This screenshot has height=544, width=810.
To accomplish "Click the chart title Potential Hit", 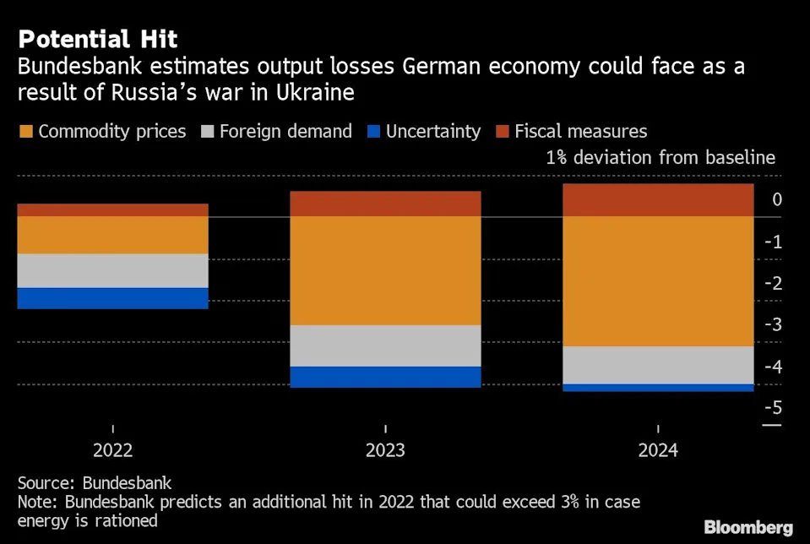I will point(98,39).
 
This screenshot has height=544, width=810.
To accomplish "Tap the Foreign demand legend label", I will point(285,132).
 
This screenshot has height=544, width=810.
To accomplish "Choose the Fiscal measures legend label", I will point(581,132).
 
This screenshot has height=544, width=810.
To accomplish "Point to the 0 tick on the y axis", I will point(777,200).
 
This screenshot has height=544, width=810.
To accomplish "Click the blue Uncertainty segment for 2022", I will point(112,298).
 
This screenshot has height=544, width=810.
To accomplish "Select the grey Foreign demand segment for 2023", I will point(385,345).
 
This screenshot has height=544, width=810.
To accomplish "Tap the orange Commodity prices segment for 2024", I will point(658,281).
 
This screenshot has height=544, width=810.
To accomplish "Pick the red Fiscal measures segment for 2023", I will point(385,204).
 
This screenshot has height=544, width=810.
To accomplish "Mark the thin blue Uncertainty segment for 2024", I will point(658,388).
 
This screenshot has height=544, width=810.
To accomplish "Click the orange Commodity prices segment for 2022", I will point(112,236).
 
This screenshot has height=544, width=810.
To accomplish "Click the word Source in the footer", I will point(46,483).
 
